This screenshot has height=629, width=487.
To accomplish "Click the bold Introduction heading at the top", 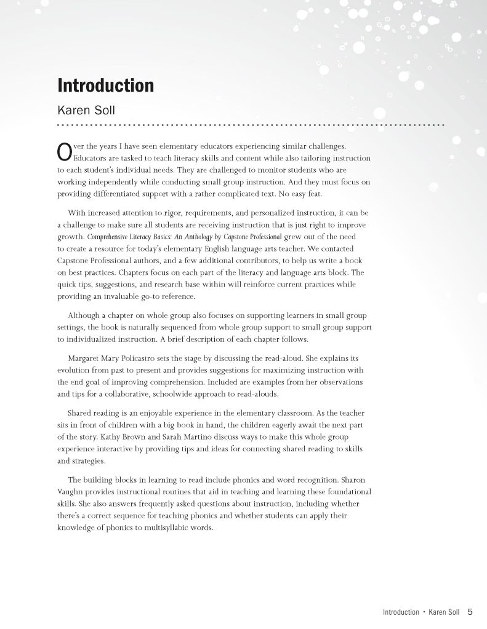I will click(105, 85).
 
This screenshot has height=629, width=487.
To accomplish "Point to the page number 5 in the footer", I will click(470, 612).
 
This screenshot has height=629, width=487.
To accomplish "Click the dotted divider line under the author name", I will click(250, 125).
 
